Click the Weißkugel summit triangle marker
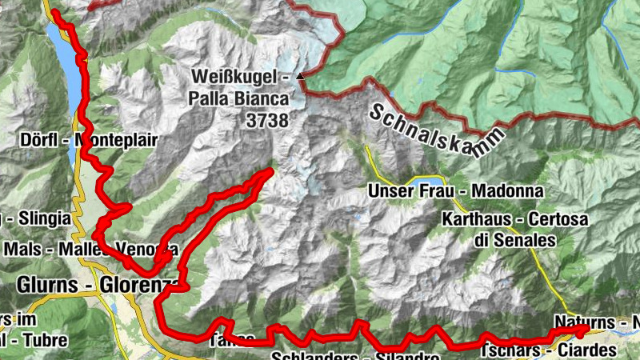tap(300, 77)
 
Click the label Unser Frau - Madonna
tap(455, 192)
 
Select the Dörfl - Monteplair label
tap(87, 139)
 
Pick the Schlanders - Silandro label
tap(356, 356)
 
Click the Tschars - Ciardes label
tap(549, 351)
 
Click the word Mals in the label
tap(18, 249)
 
